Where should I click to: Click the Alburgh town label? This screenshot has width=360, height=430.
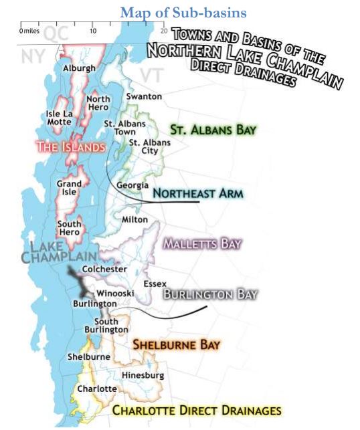tap(79, 68)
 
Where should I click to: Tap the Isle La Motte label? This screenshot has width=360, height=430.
tap(59, 118)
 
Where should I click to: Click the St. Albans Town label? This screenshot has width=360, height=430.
tap(120, 128)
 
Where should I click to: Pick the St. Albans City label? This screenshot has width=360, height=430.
tap(149, 146)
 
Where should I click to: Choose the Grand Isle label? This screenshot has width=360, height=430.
tap(69, 187)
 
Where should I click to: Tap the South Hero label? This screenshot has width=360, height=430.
tap(69, 228)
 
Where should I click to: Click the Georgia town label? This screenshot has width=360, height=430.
tap(132, 185)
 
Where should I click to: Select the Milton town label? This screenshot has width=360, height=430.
tap(134, 219)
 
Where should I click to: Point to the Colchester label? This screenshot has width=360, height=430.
tap(104, 269)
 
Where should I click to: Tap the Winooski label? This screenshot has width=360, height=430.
tap(115, 293)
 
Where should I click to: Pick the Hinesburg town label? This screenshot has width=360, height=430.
tap(143, 375)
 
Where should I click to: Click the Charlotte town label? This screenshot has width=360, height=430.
tap(96, 389)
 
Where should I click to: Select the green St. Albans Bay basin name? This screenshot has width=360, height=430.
tap(213, 129)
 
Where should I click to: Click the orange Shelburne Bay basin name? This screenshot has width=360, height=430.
tap(177, 345)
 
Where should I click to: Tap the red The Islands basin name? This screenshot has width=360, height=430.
tap(70, 146)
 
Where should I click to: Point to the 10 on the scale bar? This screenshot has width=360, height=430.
tap(93, 31)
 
